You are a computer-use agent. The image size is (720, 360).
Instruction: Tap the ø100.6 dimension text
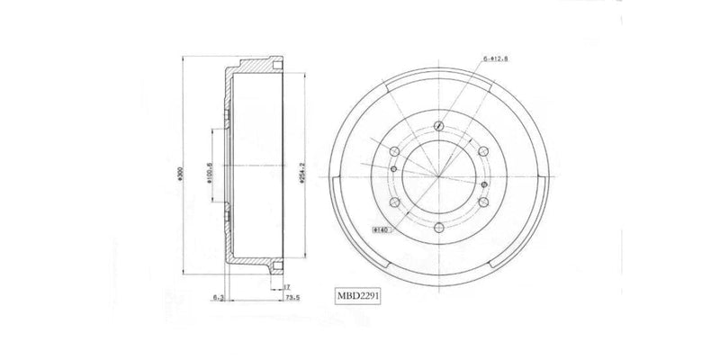pos(209,171)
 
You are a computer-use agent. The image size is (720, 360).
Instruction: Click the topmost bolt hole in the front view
pos(438,126)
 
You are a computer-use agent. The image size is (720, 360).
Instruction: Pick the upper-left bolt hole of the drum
pos(395,151)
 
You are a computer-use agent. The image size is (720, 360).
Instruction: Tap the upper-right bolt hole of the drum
pos(482,151)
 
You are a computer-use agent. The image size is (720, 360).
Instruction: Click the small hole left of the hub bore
pos(393,166)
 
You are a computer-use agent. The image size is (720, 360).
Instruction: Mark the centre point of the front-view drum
pos(439,176)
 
